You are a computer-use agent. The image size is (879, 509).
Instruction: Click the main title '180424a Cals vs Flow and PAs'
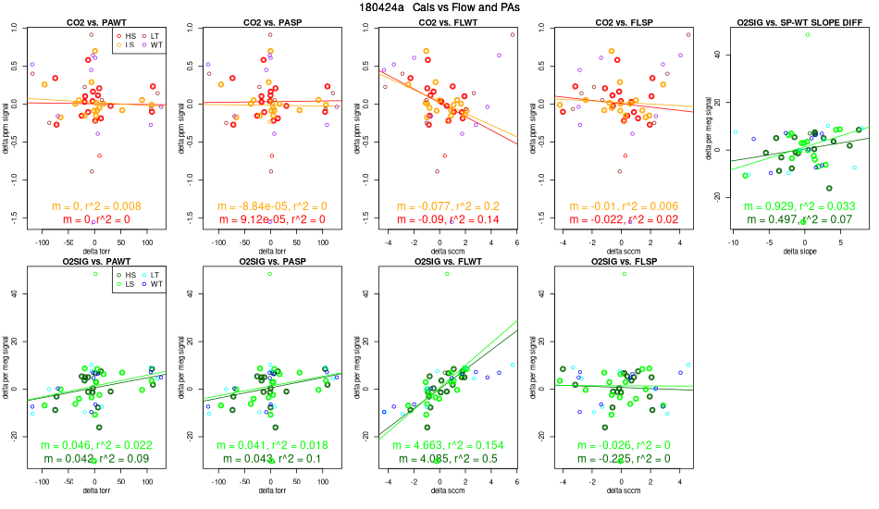439,7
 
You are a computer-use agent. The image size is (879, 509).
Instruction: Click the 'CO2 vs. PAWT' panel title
95,20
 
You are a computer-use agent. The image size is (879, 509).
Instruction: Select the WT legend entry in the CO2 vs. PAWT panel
156,44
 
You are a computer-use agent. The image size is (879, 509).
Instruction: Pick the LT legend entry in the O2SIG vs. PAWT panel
156,275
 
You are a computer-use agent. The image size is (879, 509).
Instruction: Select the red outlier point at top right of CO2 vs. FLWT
512,35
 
